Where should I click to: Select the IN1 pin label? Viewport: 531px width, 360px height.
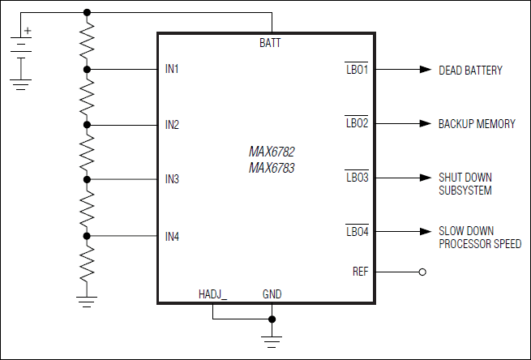pos(172,70)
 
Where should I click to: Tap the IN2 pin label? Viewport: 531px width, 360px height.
pos(172,125)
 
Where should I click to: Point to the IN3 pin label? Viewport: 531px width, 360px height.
pos(172,179)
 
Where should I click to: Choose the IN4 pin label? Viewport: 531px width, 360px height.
pos(172,237)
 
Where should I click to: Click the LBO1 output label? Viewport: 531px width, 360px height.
pos(357,70)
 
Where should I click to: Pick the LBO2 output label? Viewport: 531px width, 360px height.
pos(357,124)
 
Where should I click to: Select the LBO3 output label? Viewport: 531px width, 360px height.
pos(357,177)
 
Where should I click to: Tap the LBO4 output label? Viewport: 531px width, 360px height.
pos(357,232)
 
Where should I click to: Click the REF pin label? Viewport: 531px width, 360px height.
pos(360,272)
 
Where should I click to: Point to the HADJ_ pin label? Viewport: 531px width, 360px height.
pos(212,294)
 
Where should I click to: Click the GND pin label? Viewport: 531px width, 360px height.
pos(272,294)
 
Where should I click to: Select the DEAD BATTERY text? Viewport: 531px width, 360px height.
pos(470,71)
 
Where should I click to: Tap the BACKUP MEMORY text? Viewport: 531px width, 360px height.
pos(477,124)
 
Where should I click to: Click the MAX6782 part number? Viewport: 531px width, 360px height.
pos(272,152)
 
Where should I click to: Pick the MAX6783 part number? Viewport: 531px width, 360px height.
pos(272,168)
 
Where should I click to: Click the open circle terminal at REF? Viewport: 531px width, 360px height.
pos(422,272)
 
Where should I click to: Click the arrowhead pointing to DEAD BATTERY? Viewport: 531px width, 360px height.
pos(425,70)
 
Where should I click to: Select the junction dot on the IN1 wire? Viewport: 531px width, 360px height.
pos(88,70)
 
